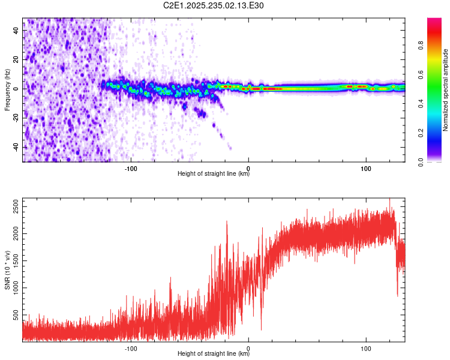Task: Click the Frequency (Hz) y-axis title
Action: (7, 89)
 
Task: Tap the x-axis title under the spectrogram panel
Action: (214, 174)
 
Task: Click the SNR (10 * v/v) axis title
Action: (7, 270)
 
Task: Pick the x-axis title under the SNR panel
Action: (214, 353)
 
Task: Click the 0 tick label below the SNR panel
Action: (248, 348)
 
